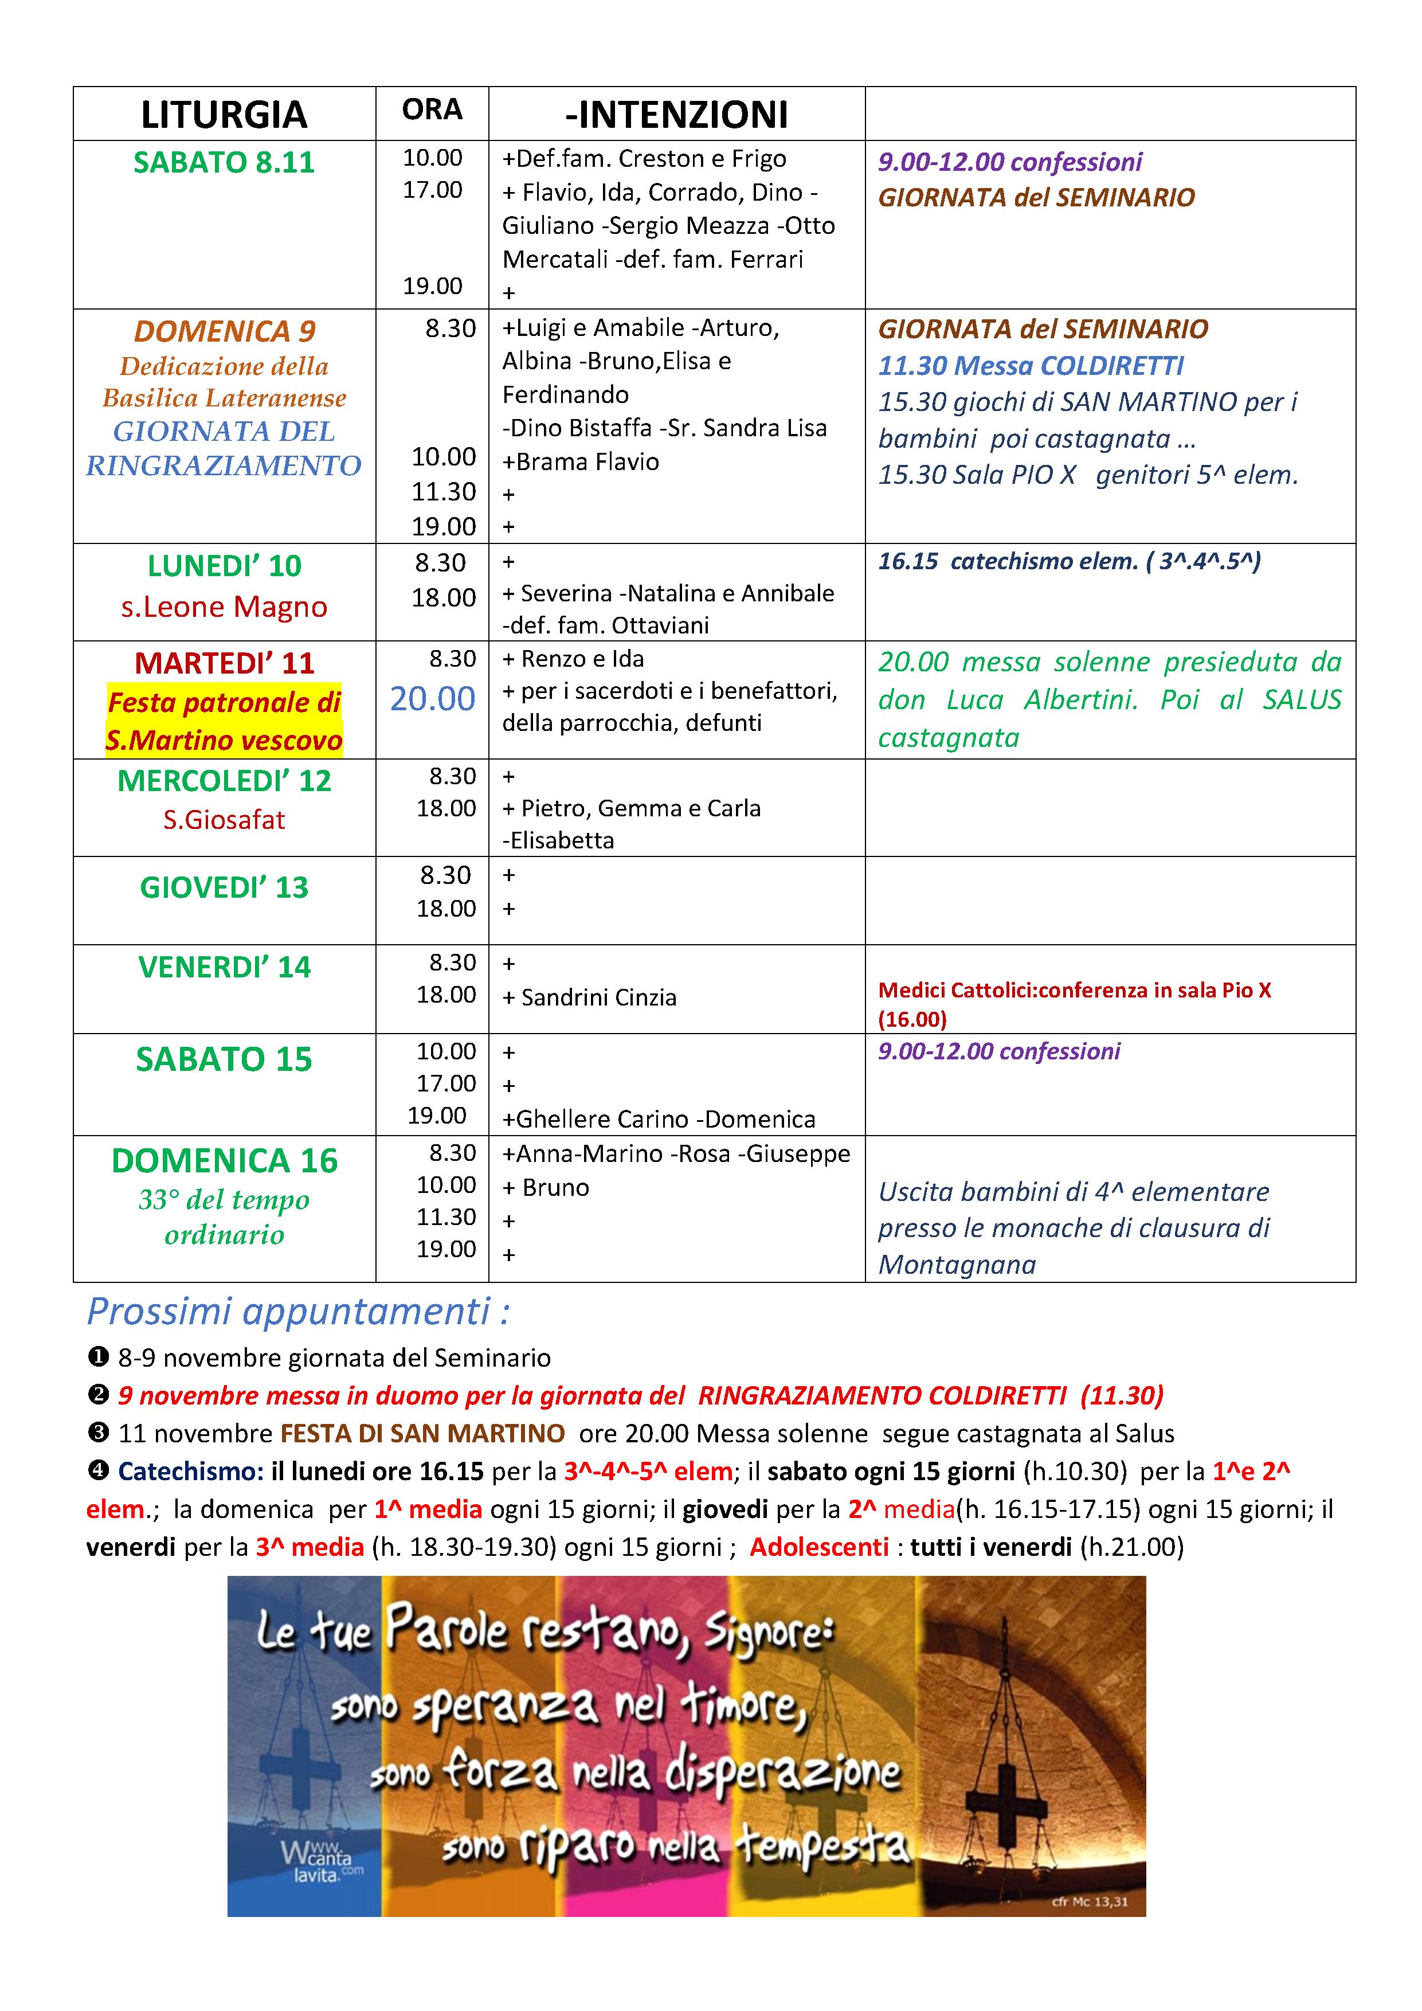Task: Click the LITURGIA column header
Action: (x=224, y=115)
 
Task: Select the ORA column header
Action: (x=432, y=109)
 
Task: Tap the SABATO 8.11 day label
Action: (x=224, y=163)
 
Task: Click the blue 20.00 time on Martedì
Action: (x=433, y=698)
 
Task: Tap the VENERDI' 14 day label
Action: (x=224, y=967)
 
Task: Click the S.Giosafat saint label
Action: (x=224, y=820)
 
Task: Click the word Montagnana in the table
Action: (x=957, y=1265)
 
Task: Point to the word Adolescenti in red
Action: (x=818, y=1548)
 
